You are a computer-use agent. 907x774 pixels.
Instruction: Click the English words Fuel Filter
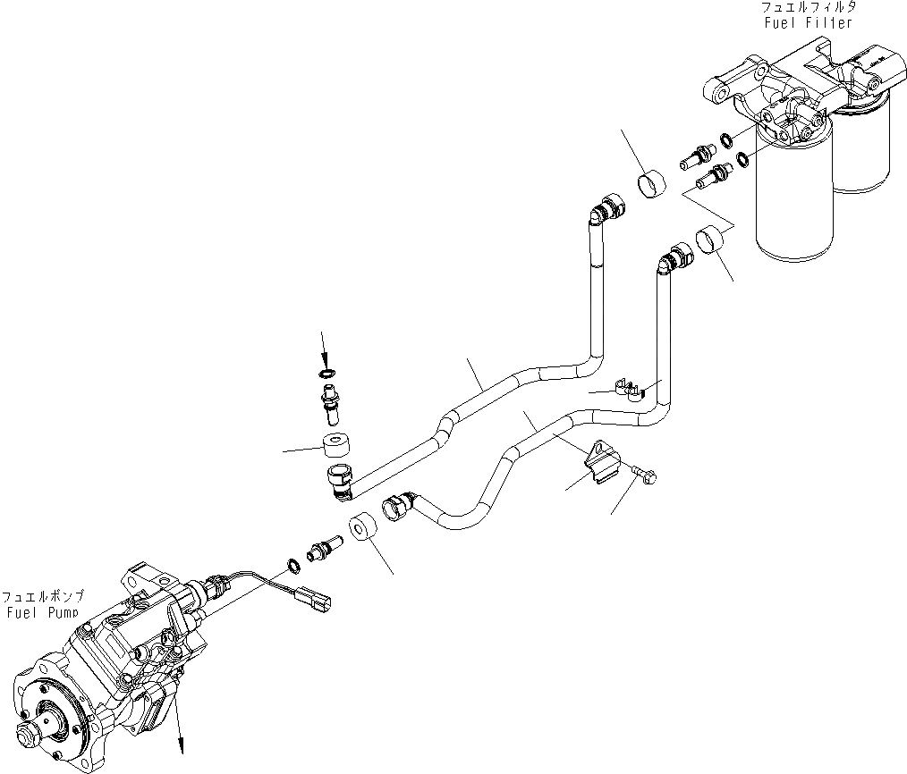(808, 23)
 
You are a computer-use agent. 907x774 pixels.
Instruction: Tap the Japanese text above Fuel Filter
(807, 8)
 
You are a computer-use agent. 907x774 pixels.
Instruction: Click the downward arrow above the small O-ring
(326, 347)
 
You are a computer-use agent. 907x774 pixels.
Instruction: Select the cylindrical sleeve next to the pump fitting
(364, 529)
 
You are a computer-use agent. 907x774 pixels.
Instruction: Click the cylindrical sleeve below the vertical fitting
(335, 444)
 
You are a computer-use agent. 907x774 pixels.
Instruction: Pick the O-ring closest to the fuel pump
(293, 564)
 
